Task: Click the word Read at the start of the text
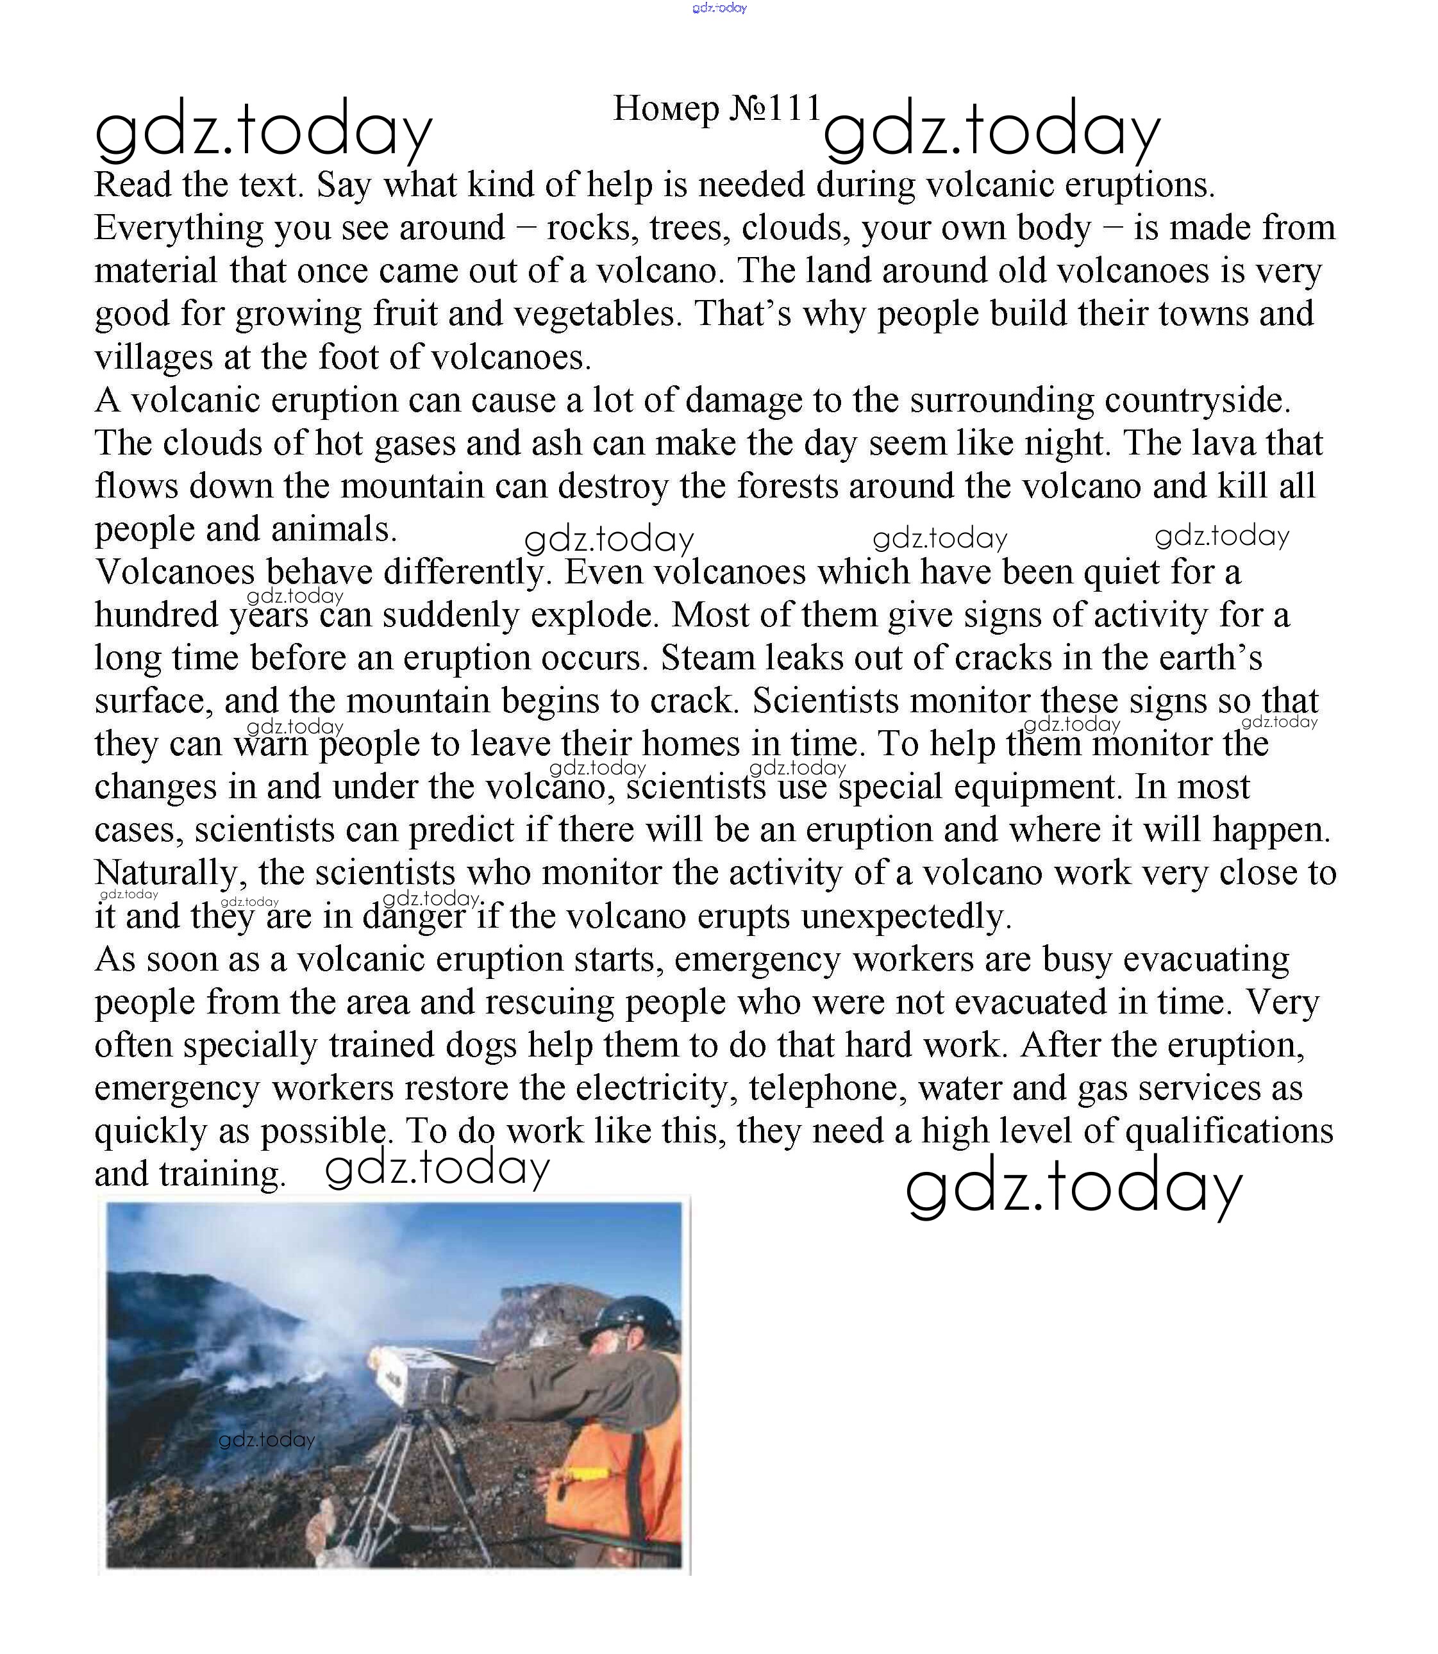133,185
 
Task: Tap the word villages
153,357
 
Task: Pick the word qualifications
1228,1131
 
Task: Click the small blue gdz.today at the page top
719,8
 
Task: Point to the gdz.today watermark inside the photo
267,1440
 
